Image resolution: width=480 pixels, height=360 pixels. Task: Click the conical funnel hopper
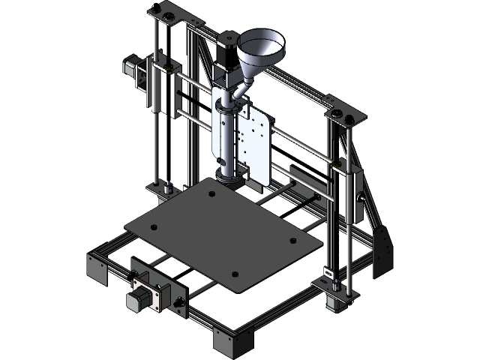point(261,49)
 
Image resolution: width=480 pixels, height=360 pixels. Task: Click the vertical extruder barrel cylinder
point(227,135)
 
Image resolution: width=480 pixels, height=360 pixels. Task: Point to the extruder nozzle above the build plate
point(229,178)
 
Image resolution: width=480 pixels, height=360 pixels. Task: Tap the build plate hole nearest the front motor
point(152,226)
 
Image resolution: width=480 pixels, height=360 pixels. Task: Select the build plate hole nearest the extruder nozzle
point(212,193)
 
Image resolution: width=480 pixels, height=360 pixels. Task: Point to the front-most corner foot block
point(232,343)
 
